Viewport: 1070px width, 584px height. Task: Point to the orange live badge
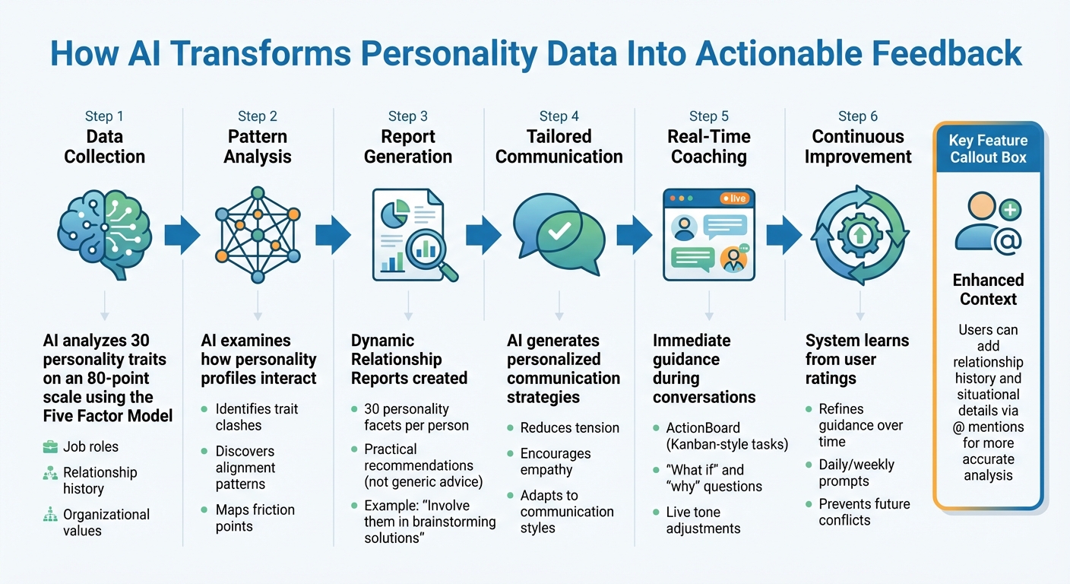pyautogui.click(x=735, y=198)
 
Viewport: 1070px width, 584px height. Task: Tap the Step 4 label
pyautogui.click(x=559, y=116)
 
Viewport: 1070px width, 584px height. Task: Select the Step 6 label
pyautogui.click(x=858, y=116)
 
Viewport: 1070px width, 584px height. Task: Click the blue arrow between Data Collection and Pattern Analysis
pyautogui.click(x=182, y=235)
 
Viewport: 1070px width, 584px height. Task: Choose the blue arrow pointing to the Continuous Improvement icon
pyautogui.click(x=784, y=235)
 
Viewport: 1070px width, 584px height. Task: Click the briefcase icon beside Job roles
pyautogui.click(x=51, y=446)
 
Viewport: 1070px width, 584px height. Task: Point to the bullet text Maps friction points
pyautogui.click(x=255, y=518)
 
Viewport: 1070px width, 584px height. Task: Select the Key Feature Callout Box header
pyautogui.click(x=988, y=149)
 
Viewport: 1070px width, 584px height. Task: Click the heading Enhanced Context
pyautogui.click(x=988, y=289)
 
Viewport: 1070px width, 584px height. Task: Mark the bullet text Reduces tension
pyautogui.click(x=569, y=428)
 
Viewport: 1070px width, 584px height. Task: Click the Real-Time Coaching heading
pyautogui.click(x=708, y=147)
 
